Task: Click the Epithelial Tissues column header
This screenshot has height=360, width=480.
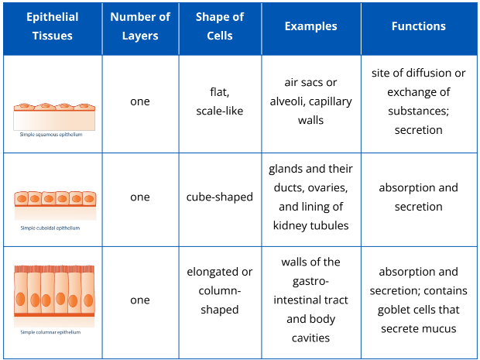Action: [52, 26]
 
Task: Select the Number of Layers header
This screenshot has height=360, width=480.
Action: [139, 26]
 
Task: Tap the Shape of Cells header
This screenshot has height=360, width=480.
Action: [219, 26]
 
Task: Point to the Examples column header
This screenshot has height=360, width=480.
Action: [310, 26]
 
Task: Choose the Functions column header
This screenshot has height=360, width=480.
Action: [418, 26]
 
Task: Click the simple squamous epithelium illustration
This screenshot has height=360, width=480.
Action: [54, 116]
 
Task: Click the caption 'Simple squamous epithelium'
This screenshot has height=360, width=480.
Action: [51, 134]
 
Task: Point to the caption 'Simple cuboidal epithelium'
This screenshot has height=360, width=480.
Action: [50, 228]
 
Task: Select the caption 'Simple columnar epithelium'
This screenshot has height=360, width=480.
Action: [51, 332]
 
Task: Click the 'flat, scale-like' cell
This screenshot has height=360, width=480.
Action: [219, 101]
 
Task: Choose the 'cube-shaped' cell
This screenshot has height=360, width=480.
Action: [219, 197]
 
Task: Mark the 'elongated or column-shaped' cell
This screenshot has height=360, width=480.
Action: [219, 290]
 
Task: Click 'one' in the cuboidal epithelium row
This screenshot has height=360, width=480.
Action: [139, 197]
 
